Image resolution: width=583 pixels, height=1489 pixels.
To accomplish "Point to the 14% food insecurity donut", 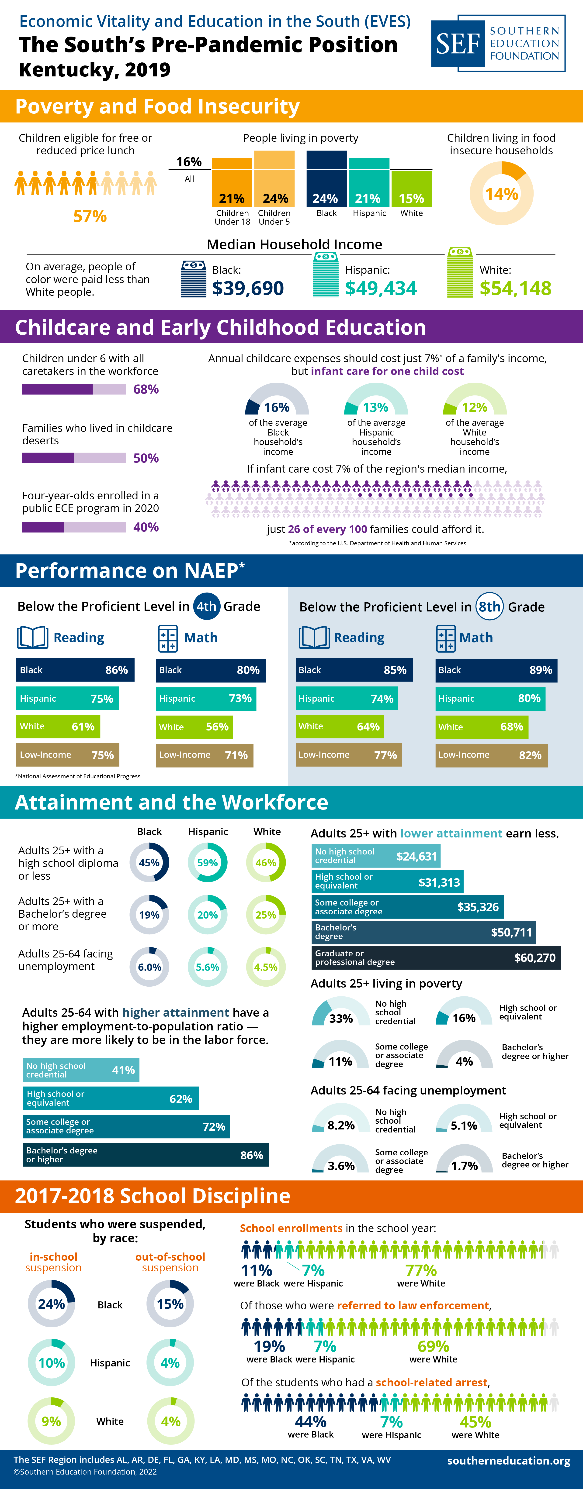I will (501, 193).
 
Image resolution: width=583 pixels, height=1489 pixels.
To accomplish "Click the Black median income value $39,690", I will (248, 288).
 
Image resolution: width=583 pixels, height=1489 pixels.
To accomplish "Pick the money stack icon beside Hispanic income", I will (326, 275).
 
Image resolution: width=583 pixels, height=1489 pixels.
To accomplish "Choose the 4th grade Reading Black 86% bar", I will (75, 670).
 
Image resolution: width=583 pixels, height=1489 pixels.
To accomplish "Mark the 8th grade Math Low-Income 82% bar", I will (491, 755).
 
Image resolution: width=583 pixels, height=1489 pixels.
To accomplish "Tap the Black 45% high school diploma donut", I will (149, 862).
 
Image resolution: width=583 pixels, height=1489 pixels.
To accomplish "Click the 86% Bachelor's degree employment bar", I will (146, 1155).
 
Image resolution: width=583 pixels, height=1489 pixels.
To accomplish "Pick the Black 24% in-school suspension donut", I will (52, 1304).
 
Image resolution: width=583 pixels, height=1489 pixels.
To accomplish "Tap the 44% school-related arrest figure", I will (311, 1421).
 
